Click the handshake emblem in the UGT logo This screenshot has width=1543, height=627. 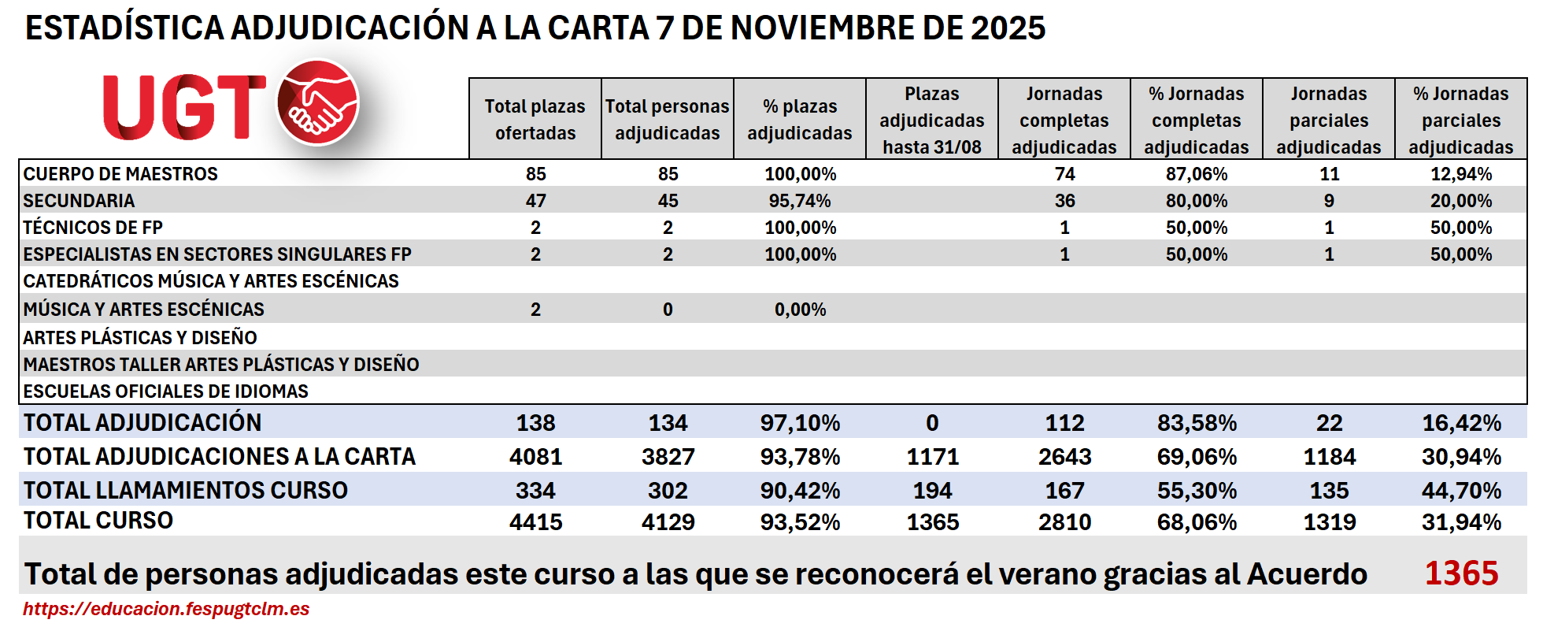(x=318, y=102)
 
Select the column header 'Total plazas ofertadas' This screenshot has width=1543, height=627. (x=535, y=119)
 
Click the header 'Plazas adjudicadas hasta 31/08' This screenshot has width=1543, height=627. (x=932, y=120)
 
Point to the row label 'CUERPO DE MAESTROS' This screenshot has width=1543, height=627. (x=120, y=174)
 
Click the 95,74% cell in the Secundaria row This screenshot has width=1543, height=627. (x=800, y=201)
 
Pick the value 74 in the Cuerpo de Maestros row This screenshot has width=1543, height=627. (x=1064, y=174)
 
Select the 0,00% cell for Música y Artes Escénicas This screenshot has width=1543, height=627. (x=800, y=310)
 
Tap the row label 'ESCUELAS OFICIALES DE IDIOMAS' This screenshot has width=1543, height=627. (x=165, y=391)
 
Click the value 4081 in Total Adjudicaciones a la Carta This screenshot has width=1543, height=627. (x=535, y=457)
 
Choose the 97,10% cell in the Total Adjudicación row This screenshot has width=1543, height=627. (x=800, y=423)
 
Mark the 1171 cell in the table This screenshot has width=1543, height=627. (x=932, y=457)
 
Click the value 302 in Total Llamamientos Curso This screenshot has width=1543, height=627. (x=668, y=491)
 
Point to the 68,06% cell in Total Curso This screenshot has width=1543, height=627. (x=1197, y=522)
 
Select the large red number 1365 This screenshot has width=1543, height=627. (x=1461, y=573)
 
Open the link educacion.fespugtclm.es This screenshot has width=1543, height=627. (x=166, y=609)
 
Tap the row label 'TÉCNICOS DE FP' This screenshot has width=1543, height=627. (x=93, y=228)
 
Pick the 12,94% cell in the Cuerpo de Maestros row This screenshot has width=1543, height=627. (x=1461, y=174)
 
